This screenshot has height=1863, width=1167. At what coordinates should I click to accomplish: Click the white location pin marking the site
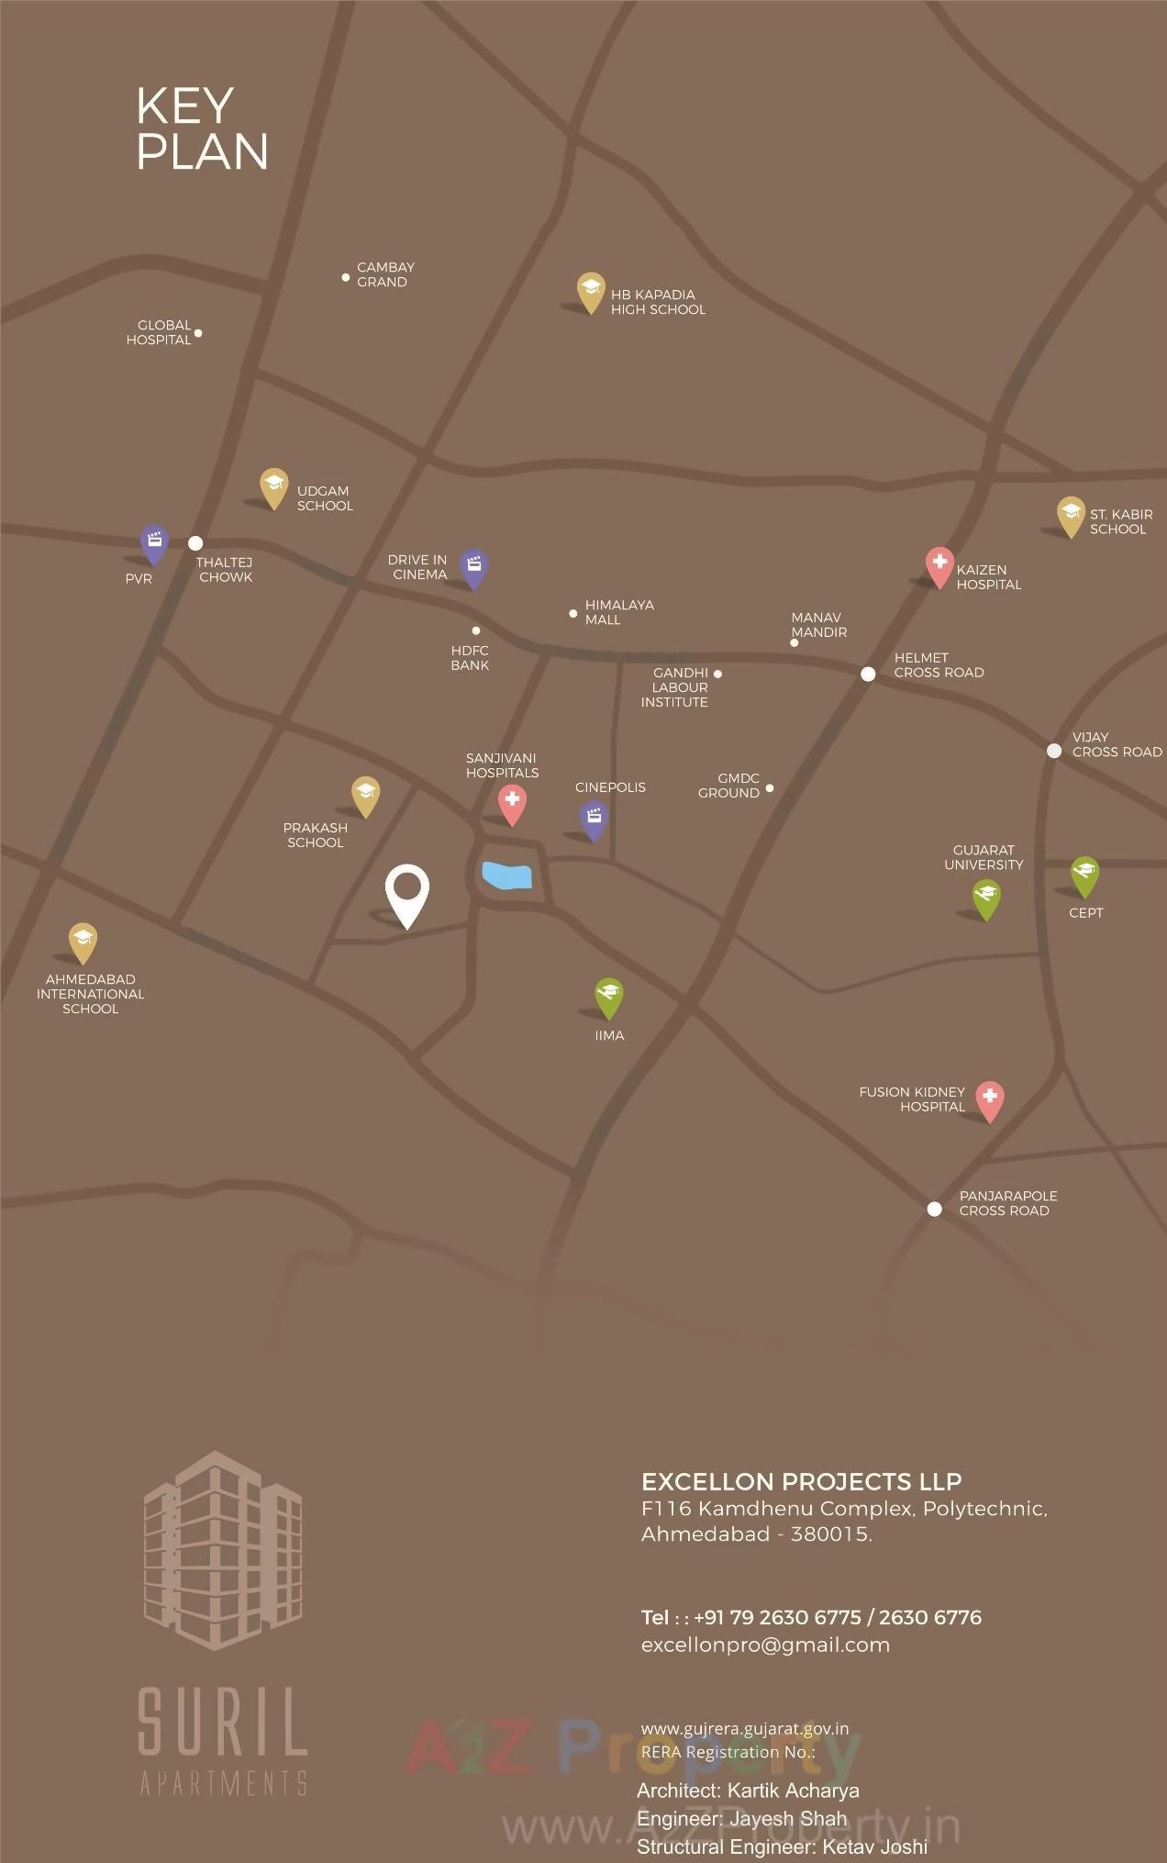point(407,892)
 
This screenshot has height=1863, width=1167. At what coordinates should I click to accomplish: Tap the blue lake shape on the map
point(506,876)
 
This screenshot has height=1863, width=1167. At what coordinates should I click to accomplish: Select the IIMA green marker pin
point(608,997)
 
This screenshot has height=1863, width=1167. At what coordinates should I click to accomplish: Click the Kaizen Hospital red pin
point(939,565)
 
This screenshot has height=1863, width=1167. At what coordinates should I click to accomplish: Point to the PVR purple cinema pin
point(154,543)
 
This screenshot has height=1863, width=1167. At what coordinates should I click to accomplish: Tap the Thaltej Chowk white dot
point(195,543)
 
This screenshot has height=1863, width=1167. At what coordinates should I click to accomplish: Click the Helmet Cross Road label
point(939,665)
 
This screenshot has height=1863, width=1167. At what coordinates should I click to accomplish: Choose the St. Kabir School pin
point(1070,515)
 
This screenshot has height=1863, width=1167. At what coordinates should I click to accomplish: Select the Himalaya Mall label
point(619,612)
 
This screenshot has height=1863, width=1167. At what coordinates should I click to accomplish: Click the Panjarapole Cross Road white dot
point(934,1209)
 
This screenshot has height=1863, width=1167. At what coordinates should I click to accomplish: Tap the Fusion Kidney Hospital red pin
point(989,1099)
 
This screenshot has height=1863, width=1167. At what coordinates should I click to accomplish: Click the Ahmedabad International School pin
point(83,941)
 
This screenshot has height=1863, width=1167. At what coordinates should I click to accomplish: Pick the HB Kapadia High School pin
point(591,291)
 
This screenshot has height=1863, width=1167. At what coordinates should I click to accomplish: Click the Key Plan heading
point(202,128)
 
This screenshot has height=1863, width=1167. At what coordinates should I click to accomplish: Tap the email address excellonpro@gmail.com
point(765,1645)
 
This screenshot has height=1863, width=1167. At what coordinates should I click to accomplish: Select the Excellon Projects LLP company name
point(801,1481)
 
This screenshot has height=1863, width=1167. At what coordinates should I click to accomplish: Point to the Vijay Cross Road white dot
point(1054,751)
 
